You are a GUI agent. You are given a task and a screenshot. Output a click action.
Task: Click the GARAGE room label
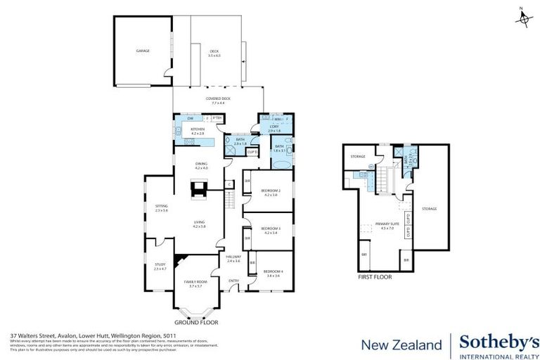pos(143,51)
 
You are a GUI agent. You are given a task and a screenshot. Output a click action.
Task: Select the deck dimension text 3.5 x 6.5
pos(215,56)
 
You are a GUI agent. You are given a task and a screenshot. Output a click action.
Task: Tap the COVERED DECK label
pos(218,98)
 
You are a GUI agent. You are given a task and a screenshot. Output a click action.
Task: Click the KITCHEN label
pos(198,129)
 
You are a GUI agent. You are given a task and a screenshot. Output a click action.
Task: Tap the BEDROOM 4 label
pos(273,271)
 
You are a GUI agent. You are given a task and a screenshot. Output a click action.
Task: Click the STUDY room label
pos(160,264)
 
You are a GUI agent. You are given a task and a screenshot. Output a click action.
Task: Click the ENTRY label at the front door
pos(233,281)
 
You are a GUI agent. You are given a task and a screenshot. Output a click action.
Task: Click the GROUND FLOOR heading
pos(195,322)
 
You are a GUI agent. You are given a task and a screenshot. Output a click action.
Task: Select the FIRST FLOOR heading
pos(373,277)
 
